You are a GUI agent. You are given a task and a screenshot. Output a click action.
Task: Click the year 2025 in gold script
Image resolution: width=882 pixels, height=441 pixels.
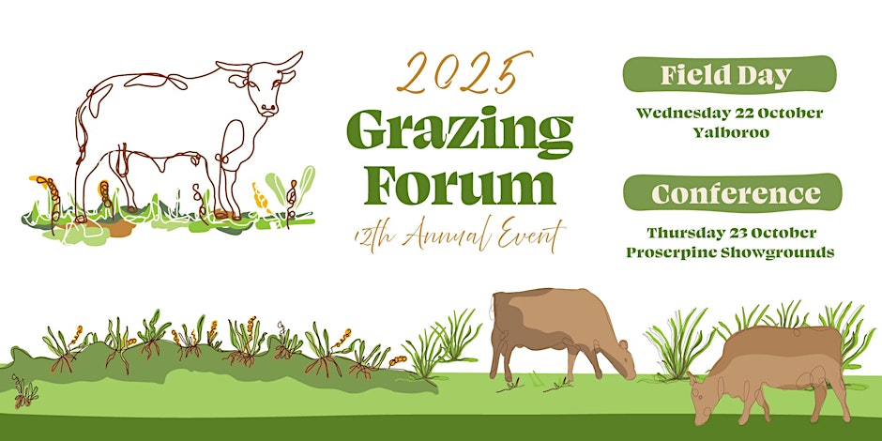464,72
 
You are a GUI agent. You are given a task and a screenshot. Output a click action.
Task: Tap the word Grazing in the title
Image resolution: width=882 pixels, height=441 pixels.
460,132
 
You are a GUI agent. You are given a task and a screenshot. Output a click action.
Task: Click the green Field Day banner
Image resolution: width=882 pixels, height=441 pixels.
730,74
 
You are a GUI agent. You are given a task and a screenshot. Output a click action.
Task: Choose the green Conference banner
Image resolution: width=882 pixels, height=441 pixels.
733,193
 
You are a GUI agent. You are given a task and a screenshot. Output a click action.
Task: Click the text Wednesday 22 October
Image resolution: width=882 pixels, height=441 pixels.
730,113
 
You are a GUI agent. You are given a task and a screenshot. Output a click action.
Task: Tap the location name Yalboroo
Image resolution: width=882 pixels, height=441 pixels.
731,133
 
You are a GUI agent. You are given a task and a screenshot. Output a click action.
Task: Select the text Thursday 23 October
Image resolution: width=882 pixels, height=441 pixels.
731,233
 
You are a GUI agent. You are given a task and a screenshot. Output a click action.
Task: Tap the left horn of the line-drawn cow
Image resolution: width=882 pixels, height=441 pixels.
231,68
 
